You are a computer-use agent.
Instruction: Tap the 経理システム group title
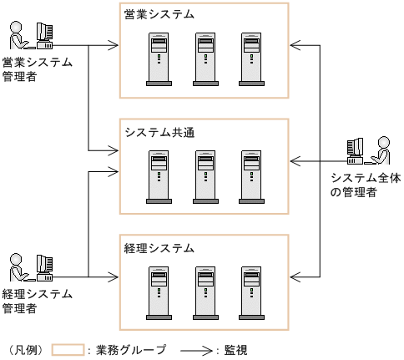click(x=160, y=248)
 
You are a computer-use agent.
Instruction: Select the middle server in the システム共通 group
click(x=205, y=177)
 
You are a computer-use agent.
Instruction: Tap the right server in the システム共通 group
click(x=250, y=177)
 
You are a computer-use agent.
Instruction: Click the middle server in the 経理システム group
click(x=205, y=293)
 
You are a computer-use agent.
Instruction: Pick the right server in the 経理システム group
click(x=250, y=293)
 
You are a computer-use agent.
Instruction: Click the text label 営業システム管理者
click(x=37, y=69)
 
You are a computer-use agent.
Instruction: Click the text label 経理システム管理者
click(x=37, y=301)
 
